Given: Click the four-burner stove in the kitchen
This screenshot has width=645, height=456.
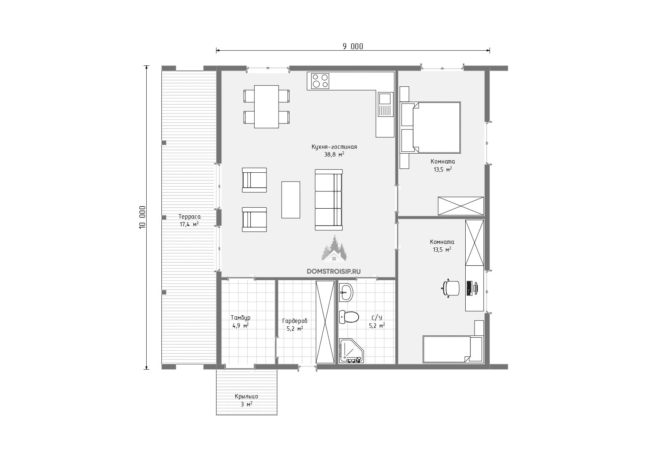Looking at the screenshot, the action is point(320,81).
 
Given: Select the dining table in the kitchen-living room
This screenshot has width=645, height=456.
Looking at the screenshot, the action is point(266,107).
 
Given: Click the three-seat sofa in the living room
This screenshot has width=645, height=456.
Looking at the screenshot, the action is point(329,200).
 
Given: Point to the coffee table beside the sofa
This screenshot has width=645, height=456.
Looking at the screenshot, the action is point(291,200).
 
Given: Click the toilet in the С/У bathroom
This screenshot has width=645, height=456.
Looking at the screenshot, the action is point(348,317).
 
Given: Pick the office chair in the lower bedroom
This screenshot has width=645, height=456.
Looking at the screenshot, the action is point(451,288).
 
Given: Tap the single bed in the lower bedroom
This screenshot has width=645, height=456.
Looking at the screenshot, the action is point(452,349).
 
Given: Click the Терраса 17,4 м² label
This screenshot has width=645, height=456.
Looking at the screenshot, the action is point(189,220).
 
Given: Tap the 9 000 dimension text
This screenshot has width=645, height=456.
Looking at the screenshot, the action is point(353,46).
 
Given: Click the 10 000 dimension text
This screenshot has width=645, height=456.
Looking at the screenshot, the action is point(143,217).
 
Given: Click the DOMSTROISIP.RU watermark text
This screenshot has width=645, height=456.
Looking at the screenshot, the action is point(334,271).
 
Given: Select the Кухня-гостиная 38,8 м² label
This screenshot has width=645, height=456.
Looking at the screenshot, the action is point(334,151).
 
